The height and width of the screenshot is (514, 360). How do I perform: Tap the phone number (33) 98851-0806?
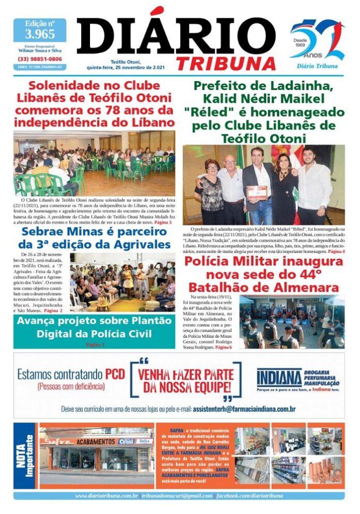40,59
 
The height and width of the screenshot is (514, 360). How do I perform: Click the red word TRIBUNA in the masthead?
226,63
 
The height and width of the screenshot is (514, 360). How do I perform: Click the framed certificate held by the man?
257,192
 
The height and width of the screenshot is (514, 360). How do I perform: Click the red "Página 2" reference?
53,310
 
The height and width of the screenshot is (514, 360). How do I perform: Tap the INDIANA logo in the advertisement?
279,378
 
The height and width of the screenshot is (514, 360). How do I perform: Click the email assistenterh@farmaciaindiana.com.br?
244,409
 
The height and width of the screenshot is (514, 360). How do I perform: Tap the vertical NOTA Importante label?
25,455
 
